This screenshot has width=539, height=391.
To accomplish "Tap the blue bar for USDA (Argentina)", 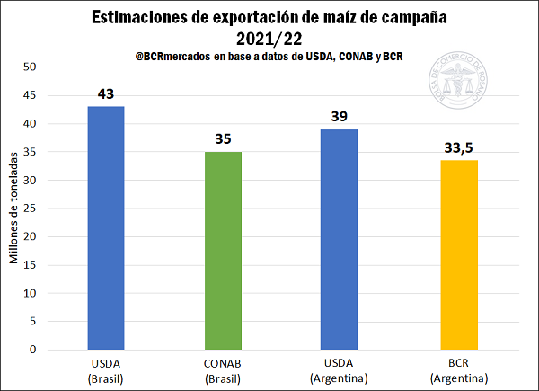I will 339,239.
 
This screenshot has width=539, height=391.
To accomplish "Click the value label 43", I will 106,93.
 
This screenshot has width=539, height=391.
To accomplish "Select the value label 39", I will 339,116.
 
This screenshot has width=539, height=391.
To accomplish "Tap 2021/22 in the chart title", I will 269,38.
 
